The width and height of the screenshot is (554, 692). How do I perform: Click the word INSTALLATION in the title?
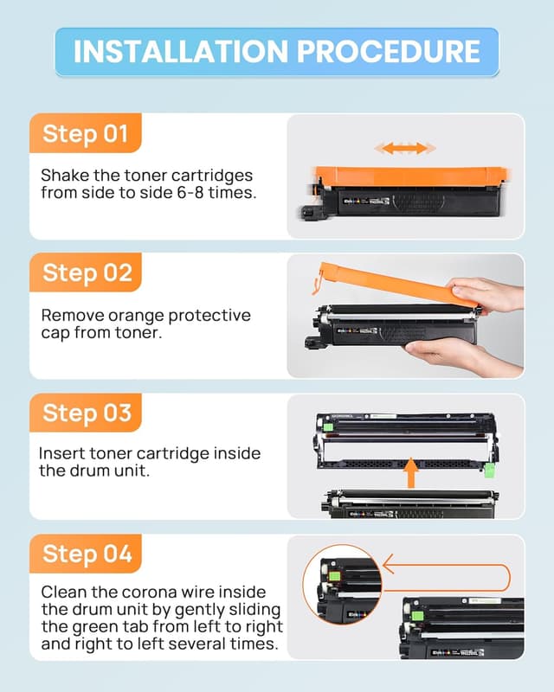pyautogui.click(x=178, y=51)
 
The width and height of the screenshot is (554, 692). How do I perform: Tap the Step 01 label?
pyautogui.click(x=85, y=134)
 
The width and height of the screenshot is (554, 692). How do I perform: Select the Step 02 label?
pyautogui.click(x=85, y=272)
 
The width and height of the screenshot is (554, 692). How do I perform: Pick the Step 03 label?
pyautogui.click(x=85, y=413)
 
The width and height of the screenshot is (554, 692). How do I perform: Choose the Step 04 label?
pyautogui.click(x=85, y=554)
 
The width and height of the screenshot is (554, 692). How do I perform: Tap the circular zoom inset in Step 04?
pyautogui.click(x=342, y=589)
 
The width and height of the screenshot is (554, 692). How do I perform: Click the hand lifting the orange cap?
pyautogui.click(x=489, y=294)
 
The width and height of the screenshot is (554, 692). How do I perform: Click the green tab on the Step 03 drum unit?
pyautogui.click(x=491, y=469)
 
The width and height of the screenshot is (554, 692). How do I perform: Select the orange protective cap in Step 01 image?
pyautogui.click(x=407, y=173)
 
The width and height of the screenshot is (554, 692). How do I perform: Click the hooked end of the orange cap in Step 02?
pyautogui.click(x=320, y=280)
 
